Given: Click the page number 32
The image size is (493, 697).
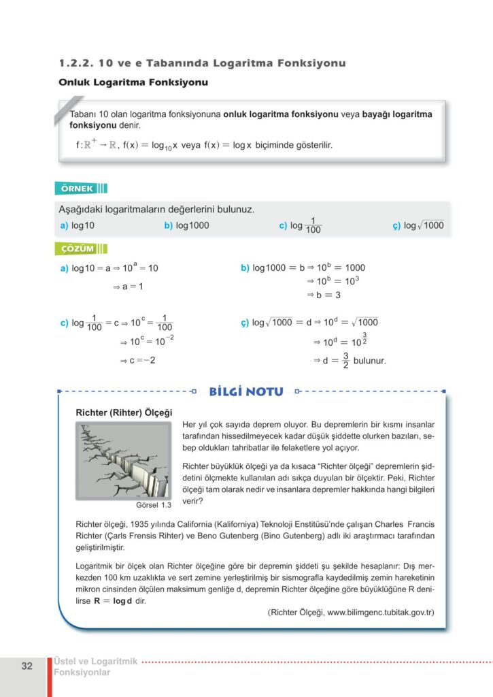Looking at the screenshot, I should (x=27, y=666).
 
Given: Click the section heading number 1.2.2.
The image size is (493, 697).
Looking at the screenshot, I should (x=75, y=63).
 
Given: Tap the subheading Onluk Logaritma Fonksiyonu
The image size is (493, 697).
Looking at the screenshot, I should (x=133, y=82).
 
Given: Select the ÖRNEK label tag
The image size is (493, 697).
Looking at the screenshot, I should (x=75, y=189).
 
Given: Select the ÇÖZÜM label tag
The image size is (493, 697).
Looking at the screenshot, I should (x=75, y=248).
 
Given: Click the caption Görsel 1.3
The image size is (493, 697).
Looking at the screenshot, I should (x=154, y=506).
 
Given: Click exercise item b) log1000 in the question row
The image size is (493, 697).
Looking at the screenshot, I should (x=186, y=225).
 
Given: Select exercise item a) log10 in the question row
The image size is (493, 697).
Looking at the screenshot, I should (x=78, y=225).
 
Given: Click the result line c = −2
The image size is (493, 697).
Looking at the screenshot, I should (x=138, y=360).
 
